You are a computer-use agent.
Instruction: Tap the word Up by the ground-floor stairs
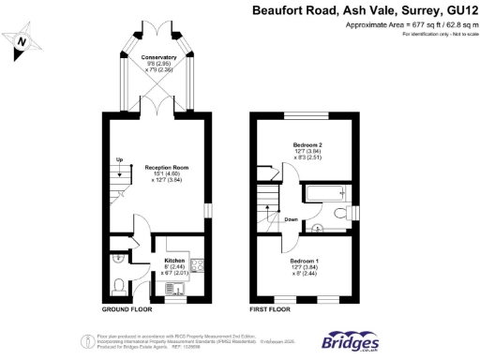[119, 160]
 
